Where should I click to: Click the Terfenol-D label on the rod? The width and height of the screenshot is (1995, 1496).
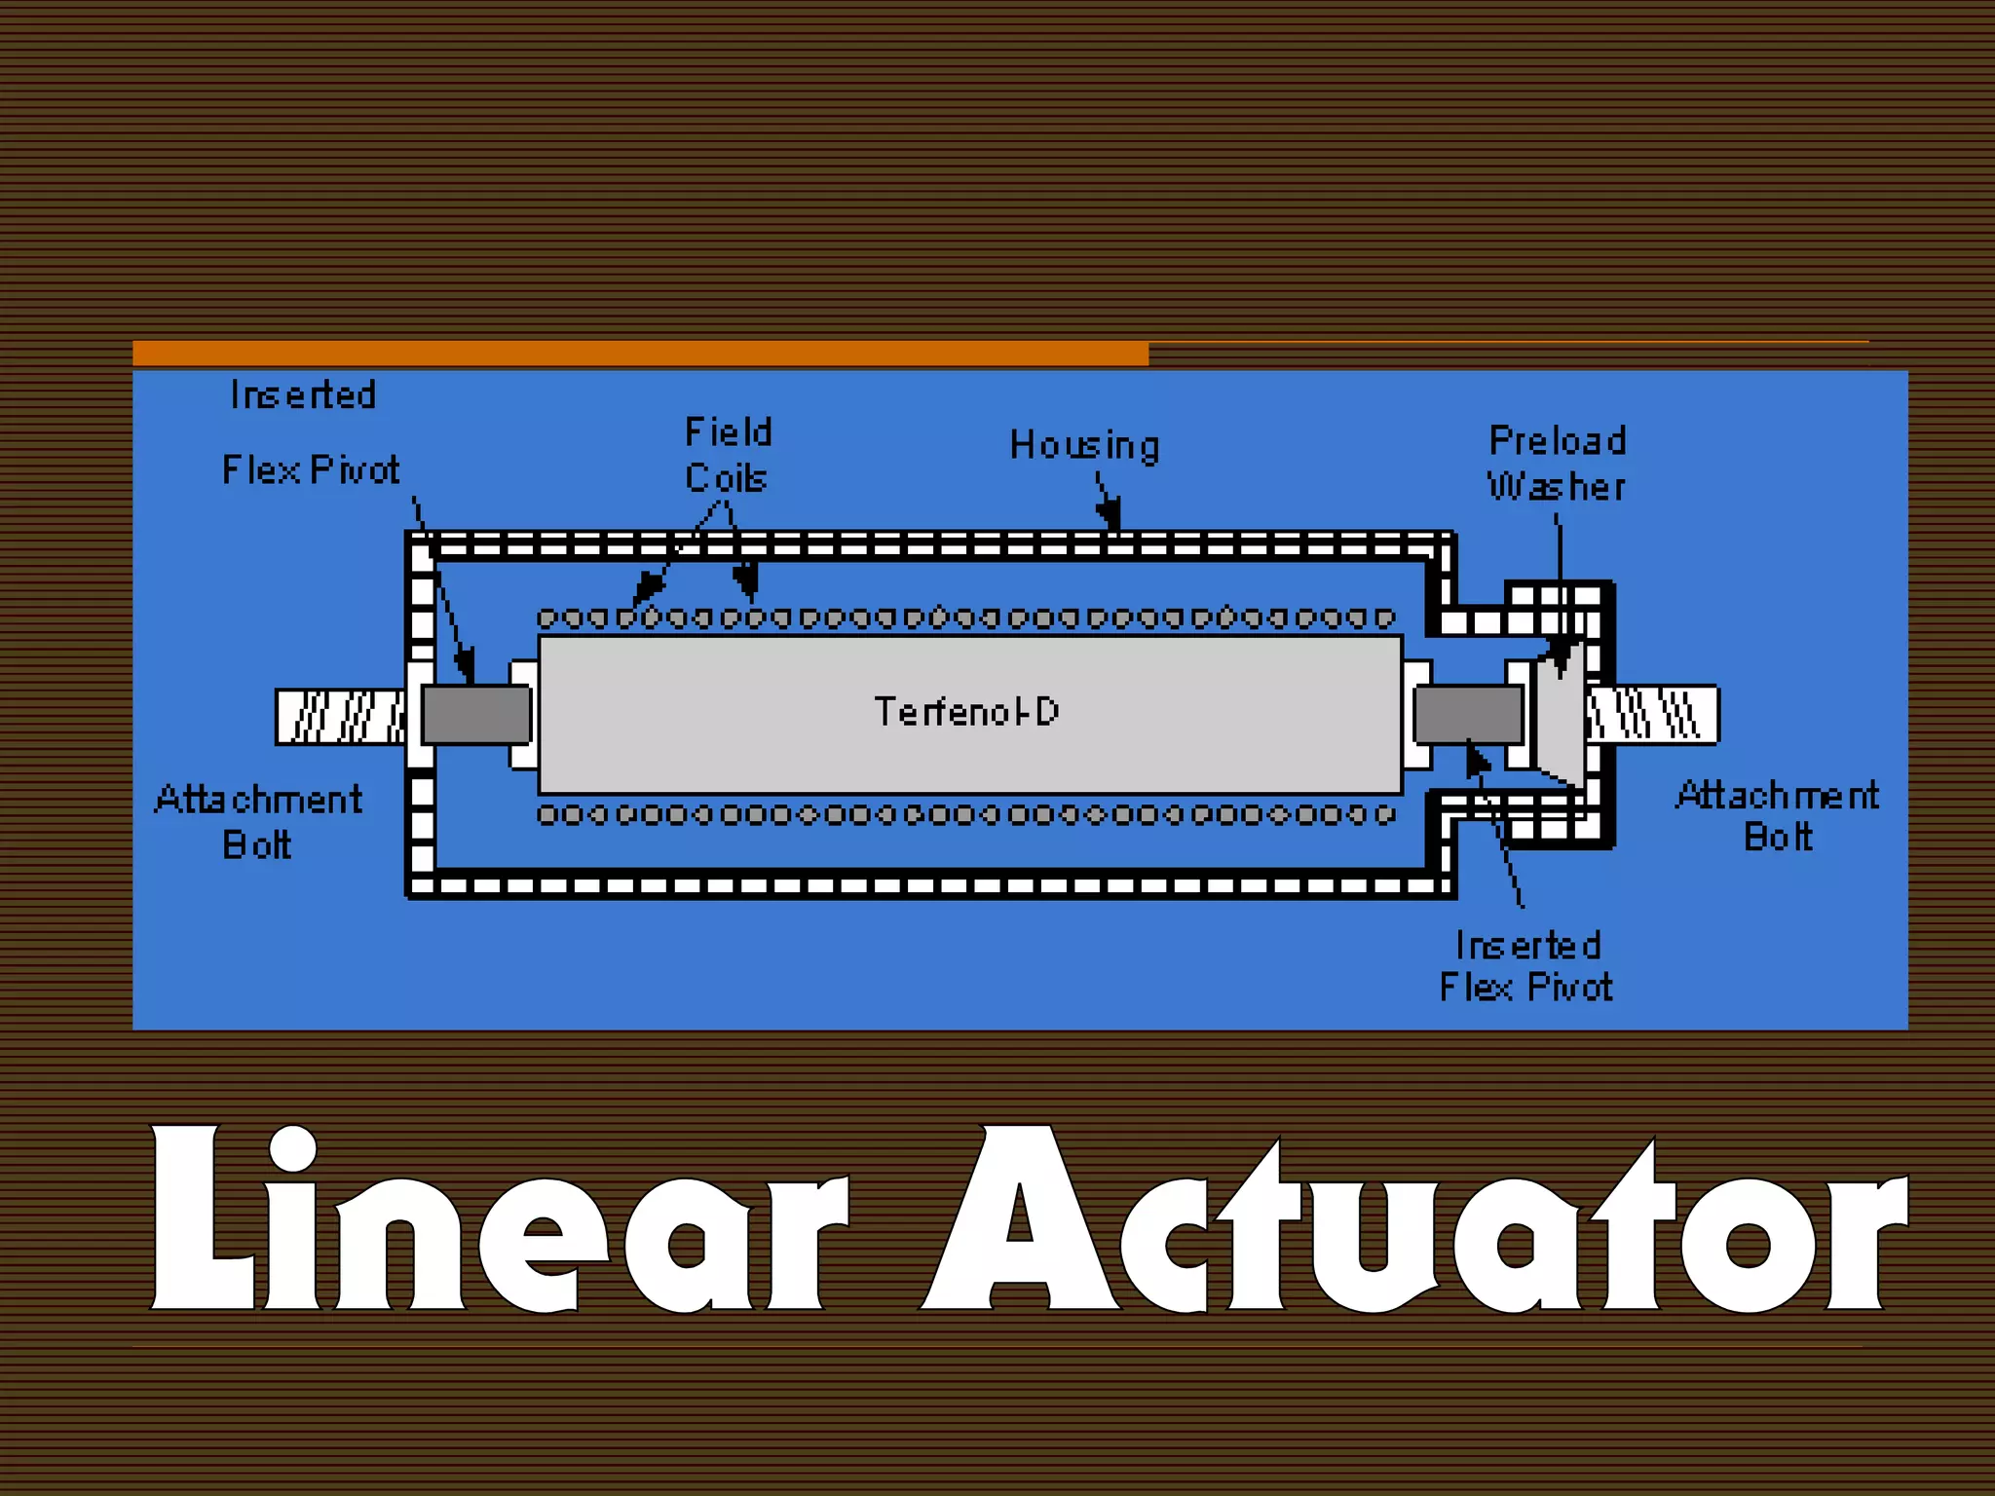[965, 712]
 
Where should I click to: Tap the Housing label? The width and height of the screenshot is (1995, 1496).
[1084, 445]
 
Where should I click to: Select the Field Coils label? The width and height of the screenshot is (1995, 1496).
[728, 455]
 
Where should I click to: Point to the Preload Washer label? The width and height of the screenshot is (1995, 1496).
[1557, 464]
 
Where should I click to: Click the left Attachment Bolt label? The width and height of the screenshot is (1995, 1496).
[258, 821]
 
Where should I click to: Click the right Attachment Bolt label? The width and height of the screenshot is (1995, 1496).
[1778, 816]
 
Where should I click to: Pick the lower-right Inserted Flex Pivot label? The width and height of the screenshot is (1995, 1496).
[1526, 966]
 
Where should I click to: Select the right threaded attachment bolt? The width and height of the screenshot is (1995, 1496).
[1652, 715]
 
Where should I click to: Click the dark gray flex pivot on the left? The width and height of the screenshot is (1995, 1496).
[476, 715]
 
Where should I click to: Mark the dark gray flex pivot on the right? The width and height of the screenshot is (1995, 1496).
[1468, 714]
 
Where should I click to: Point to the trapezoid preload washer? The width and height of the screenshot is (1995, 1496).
[1561, 717]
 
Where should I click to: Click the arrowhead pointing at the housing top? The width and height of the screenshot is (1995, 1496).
[1110, 513]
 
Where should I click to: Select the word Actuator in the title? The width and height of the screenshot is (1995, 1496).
[1412, 1222]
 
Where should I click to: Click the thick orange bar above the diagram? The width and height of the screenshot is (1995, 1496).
[640, 354]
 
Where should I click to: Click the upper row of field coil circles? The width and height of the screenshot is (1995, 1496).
[965, 617]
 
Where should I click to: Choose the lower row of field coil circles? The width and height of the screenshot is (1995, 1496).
[965, 814]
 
